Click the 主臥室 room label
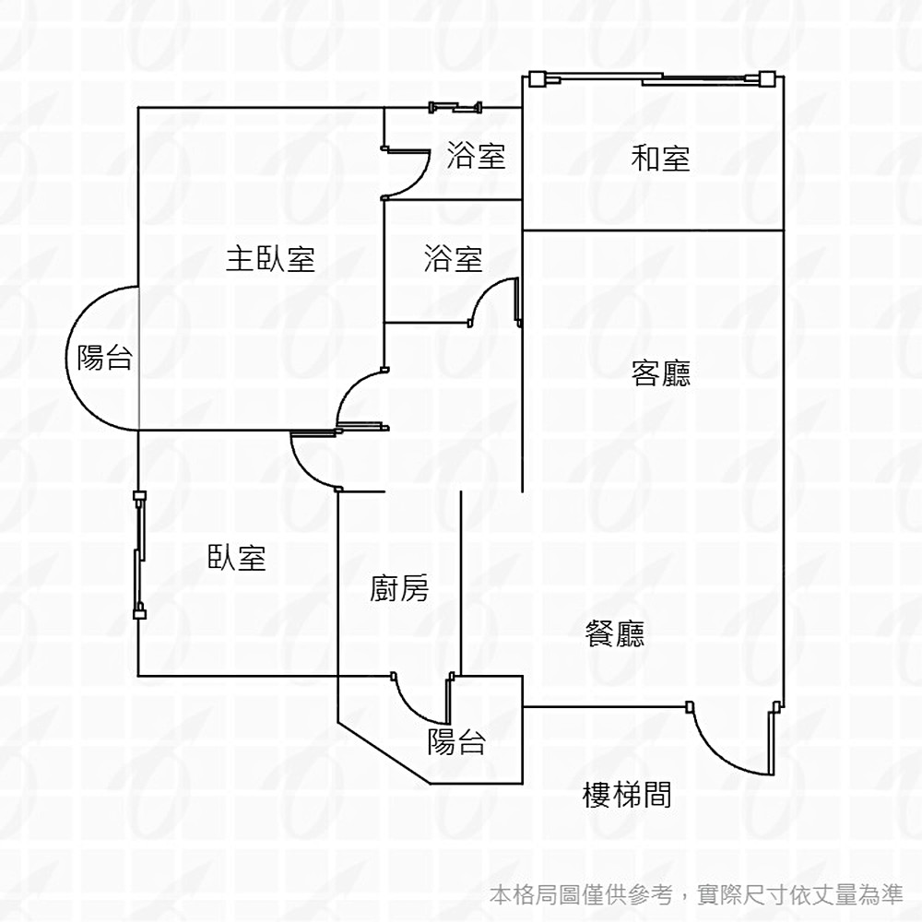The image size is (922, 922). tap(270, 259)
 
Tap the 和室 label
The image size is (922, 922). tap(660, 159)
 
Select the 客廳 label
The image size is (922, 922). tap(661, 373)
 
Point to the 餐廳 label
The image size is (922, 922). tap(615, 633)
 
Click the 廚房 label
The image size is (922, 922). tap(399, 587)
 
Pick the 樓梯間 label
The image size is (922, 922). tap(627, 794)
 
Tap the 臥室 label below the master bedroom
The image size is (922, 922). tap(237, 557)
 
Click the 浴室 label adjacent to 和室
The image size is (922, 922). tap(476, 155)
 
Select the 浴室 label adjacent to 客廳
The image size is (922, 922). tap(453, 259)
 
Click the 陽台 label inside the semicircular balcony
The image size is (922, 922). tap(104, 358)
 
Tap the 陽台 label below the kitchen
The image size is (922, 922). tap(456, 741)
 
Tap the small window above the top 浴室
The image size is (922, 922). tap(455, 108)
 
